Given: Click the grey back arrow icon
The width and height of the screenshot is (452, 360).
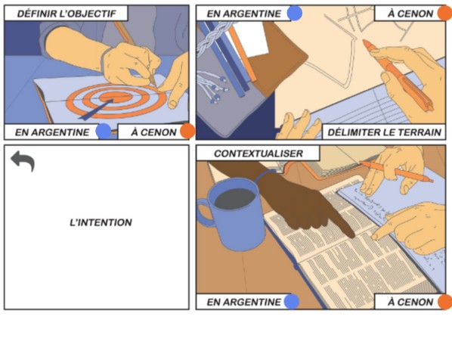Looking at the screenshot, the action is pyautogui.click(x=23, y=160).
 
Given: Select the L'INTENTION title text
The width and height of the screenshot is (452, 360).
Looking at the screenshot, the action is pyautogui.click(x=101, y=222).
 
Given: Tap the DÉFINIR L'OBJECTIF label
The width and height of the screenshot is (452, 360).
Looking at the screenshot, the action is pyautogui.click(x=67, y=14).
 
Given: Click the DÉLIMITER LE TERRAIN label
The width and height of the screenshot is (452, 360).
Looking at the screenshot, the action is pyautogui.click(x=385, y=132).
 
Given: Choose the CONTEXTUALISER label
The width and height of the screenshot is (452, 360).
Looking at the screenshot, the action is pyautogui.click(x=259, y=154).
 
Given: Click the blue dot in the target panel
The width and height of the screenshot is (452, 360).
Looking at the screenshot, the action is pyautogui.click(x=104, y=131).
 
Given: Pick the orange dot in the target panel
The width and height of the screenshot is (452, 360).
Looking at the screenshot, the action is pyautogui.click(x=187, y=131).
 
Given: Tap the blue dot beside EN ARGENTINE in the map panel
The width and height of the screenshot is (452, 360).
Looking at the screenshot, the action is pyautogui.click(x=295, y=14).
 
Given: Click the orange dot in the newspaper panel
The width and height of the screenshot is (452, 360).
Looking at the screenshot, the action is pyautogui.click(x=445, y=302).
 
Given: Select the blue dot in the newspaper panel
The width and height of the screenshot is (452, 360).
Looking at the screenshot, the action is pyautogui.click(x=292, y=302).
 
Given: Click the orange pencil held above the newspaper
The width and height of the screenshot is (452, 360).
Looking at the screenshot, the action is pyautogui.click(x=396, y=172).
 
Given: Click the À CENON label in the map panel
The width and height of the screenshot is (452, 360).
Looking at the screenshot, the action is pyautogui.click(x=410, y=14).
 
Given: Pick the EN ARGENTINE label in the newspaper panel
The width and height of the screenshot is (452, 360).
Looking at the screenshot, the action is pyautogui.click(x=243, y=302).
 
